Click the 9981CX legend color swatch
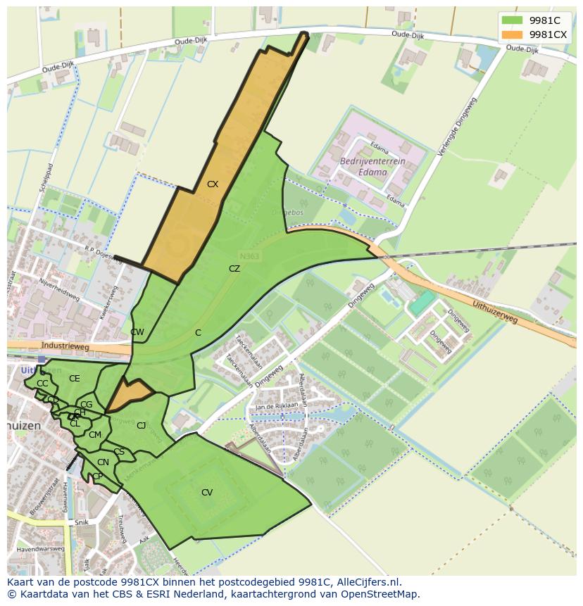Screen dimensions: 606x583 512,34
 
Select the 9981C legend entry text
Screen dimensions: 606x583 544,20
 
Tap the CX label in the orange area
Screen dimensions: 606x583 213,184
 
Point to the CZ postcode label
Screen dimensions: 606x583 234,269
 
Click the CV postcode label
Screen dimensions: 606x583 207,493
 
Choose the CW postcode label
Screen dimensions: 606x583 137,332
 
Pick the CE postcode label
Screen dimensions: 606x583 75,379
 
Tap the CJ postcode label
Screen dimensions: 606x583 142,425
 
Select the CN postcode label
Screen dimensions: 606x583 103,462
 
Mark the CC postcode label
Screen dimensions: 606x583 42,384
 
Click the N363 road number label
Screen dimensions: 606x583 249,257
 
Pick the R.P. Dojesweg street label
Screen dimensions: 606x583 104,251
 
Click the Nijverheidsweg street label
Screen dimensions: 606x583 60,290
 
